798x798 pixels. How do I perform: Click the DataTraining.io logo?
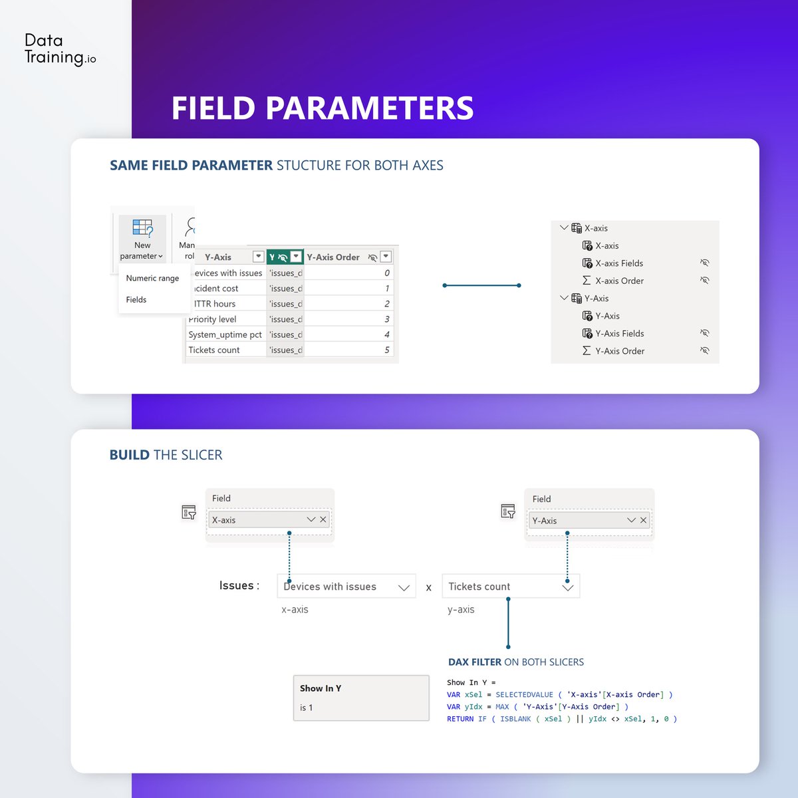pyautogui.click(x=60, y=49)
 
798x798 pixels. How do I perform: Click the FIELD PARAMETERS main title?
pyautogui.click(x=323, y=108)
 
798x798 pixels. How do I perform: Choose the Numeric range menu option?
pyautogui.click(x=152, y=278)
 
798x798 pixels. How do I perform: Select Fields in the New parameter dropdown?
pyautogui.click(x=136, y=300)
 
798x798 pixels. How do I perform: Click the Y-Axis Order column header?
pyautogui.click(x=333, y=257)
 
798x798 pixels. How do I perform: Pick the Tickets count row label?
pyautogui.click(x=214, y=350)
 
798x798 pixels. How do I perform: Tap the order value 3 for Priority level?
pyautogui.click(x=386, y=319)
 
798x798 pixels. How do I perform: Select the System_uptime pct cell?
pyautogui.click(x=225, y=334)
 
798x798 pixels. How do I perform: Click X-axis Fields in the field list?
pyautogui.click(x=619, y=263)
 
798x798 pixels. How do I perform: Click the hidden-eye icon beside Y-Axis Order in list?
pyautogui.click(x=704, y=351)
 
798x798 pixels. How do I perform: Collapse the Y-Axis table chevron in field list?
pyautogui.click(x=564, y=299)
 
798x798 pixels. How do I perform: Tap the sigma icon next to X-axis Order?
pyautogui.click(x=587, y=281)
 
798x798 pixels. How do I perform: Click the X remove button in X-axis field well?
pyautogui.click(x=323, y=519)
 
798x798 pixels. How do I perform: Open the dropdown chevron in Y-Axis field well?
pyautogui.click(x=631, y=520)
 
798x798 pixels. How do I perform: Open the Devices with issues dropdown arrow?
pyautogui.click(x=403, y=587)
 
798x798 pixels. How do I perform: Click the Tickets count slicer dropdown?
pyautogui.click(x=510, y=587)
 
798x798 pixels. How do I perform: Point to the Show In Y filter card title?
pyautogui.click(x=321, y=688)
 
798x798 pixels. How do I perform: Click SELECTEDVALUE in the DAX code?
pyautogui.click(x=524, y=695)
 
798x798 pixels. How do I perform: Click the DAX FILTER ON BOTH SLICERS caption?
pyautogui.click(x=516, y=662)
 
